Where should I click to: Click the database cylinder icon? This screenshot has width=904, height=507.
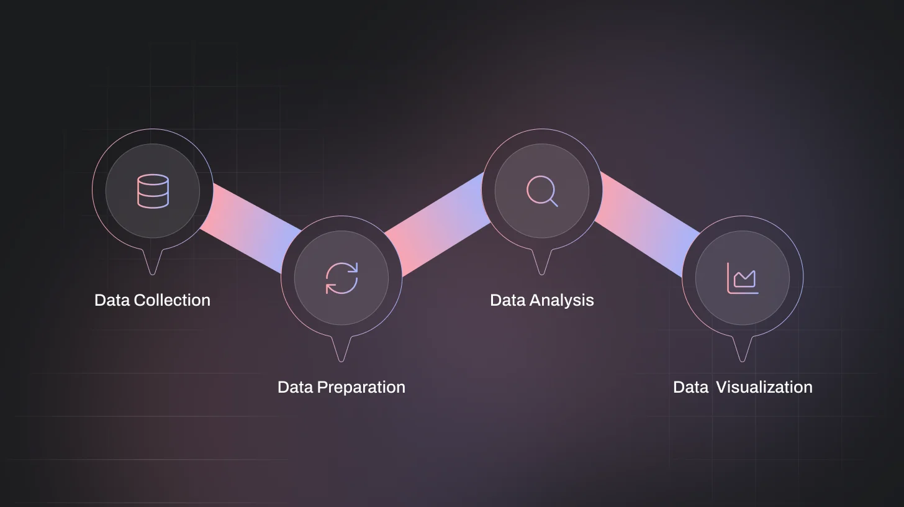[153, 191]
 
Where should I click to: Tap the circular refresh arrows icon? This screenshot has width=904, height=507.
[341, 278]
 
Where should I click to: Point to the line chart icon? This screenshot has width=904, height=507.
[743, 278]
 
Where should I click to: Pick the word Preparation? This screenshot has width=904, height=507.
[361, 387]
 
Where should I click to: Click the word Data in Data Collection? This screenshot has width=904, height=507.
[112, 300]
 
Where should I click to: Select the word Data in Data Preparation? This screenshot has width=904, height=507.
[296, 387]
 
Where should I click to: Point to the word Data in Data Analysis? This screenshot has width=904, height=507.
[508, 300]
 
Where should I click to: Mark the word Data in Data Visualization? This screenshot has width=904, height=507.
[690, 387]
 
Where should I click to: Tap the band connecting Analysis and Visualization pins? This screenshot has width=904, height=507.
[643, 224]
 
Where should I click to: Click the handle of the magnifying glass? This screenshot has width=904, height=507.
[553, 202]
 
